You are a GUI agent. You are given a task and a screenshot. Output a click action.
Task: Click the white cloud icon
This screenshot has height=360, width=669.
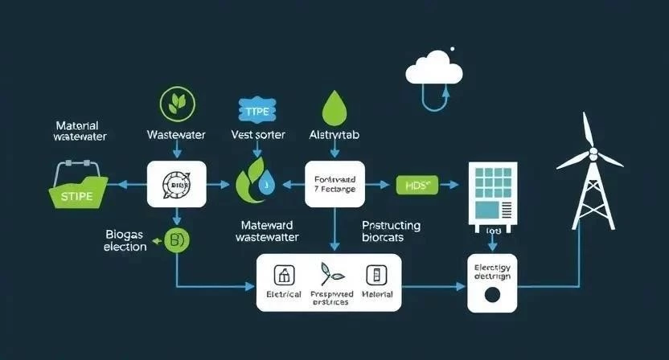434,67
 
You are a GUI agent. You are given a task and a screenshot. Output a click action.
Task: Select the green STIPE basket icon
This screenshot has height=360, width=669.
77,190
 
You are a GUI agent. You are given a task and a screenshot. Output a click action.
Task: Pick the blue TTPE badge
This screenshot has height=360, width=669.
257,110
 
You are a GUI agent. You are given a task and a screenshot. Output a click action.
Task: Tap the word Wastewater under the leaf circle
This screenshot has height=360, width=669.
177,135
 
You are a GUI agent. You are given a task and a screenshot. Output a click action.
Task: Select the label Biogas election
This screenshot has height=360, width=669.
125,240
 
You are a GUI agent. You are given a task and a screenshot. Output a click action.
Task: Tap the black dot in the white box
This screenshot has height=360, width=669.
490,294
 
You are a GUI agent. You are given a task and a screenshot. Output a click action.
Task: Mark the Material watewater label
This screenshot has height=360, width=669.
79,131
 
